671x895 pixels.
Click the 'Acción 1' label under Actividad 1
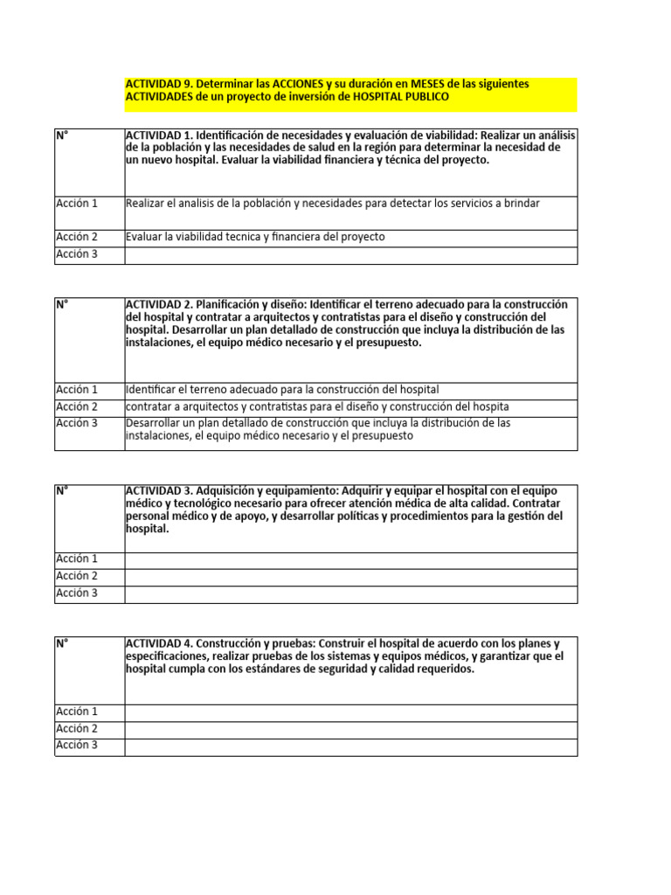77,204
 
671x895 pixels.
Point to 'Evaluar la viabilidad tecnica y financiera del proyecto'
255,237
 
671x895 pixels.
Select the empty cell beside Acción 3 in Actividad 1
349,255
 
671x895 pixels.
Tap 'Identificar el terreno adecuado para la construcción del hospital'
282,390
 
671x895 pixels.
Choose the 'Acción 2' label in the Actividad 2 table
77,406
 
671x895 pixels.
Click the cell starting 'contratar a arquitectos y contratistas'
317,407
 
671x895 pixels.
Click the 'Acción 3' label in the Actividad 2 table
77,423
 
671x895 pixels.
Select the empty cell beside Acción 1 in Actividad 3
349,560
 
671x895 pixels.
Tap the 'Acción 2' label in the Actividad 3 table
77,576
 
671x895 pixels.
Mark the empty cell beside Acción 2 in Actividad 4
349,730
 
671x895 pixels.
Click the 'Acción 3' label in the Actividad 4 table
77,746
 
